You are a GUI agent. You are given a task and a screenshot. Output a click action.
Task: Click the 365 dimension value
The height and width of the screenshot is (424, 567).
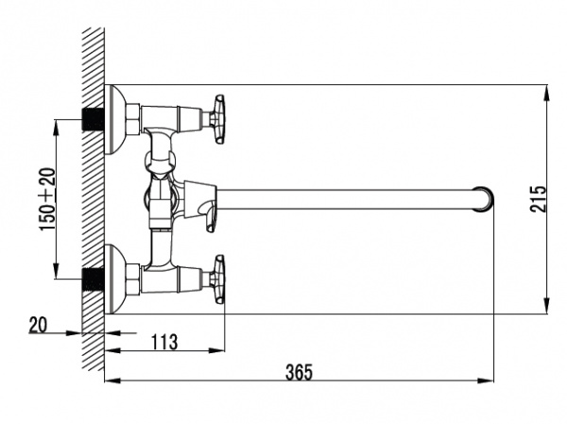[x=299, y=372]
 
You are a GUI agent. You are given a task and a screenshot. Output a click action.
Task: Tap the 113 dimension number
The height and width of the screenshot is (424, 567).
[x=164, y=342]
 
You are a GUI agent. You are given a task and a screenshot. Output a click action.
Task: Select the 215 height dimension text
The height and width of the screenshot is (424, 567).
[x=538, y=198]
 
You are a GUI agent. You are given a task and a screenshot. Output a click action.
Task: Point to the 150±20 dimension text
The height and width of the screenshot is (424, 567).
[x=48, y=199]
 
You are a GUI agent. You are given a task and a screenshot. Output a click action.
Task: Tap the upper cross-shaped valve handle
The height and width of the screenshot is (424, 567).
[x=219, y=119]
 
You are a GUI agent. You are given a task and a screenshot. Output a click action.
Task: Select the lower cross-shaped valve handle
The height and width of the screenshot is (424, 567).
[x=219, y=280]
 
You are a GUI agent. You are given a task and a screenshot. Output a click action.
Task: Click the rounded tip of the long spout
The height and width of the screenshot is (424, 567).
[x=484, y=198]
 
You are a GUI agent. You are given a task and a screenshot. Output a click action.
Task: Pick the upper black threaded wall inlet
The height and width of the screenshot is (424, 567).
[x=94, y=119]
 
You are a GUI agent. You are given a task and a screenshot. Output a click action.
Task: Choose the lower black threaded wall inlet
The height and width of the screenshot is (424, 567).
[x=94, y=280]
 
